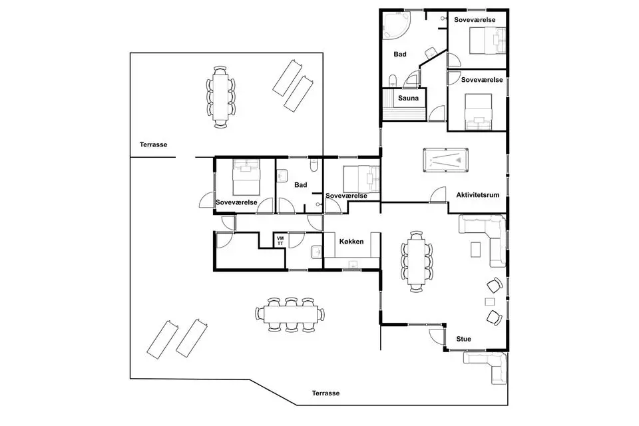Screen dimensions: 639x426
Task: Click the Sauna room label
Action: pyautogui.click(x=408, y=99)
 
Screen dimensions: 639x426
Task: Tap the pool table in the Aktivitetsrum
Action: pyautogui.click(x=445, y=160)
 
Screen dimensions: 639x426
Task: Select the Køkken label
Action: pyautogui.click(x=351, y=242)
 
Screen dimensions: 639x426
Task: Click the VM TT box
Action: pyautogui.click(x=280, y=241)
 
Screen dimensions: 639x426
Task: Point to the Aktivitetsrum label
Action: pyautogui.click(x=478, y=195)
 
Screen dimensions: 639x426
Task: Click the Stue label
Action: pyautogui.click(x=463, y=339)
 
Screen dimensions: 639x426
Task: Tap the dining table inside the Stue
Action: pyautogui.click(x=417, y=262)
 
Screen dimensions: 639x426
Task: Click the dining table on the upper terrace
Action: pyautogui.click(x=220, y=97)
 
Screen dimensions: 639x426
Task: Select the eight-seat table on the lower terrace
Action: pyautogui.click(x=290, y=314)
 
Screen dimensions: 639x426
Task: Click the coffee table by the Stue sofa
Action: pyautogui.click(x=475, y=250)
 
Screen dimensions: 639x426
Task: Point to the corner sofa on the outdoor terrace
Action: pyautogui.click(x=487, y=367)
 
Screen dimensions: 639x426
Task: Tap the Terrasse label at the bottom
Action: pyautogui.click(x=325, y=393)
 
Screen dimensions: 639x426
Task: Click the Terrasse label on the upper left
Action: pyautogui.click(x=153, y=144)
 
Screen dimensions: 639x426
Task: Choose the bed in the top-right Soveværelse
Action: pyautogui.click(x=488, y=41)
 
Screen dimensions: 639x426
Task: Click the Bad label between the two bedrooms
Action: pyautogui.click(x=300, y=185)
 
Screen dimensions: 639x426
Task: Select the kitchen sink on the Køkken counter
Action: pyautogui.click(x=353, y=264)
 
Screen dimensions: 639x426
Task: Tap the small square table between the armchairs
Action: pyautogui.click(x=489, y=302)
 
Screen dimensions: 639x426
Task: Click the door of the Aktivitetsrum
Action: pyautogui.click(x=438, y=195)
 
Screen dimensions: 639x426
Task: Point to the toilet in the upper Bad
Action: pyautogui.click(x=393, y=81)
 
